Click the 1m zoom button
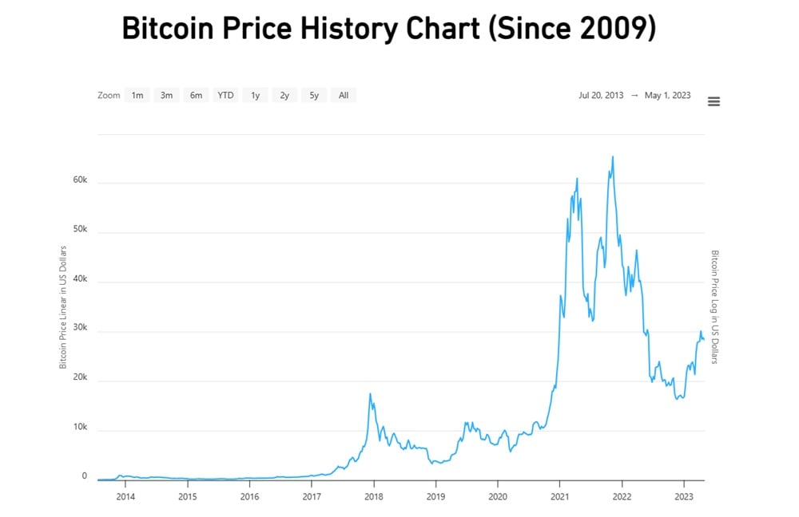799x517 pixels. [137, 95]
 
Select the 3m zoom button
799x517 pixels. [166, 95]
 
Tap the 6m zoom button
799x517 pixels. [196, 95]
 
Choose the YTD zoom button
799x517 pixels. [226, 95]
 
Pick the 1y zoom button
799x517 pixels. [255, 95]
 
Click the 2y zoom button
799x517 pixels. [284, 95]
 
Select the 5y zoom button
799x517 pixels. [314, 95]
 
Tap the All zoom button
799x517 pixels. [344, 95]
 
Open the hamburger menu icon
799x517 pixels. [714, 101]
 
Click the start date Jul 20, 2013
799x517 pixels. [601, 95]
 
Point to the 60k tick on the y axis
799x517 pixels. [80, 181]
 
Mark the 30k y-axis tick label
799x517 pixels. [80, 331]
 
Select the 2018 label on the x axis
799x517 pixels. [373, 495]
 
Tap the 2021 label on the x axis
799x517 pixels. [559, 495]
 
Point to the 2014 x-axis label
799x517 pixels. [125, 495]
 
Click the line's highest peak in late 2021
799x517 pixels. [613, 157]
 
